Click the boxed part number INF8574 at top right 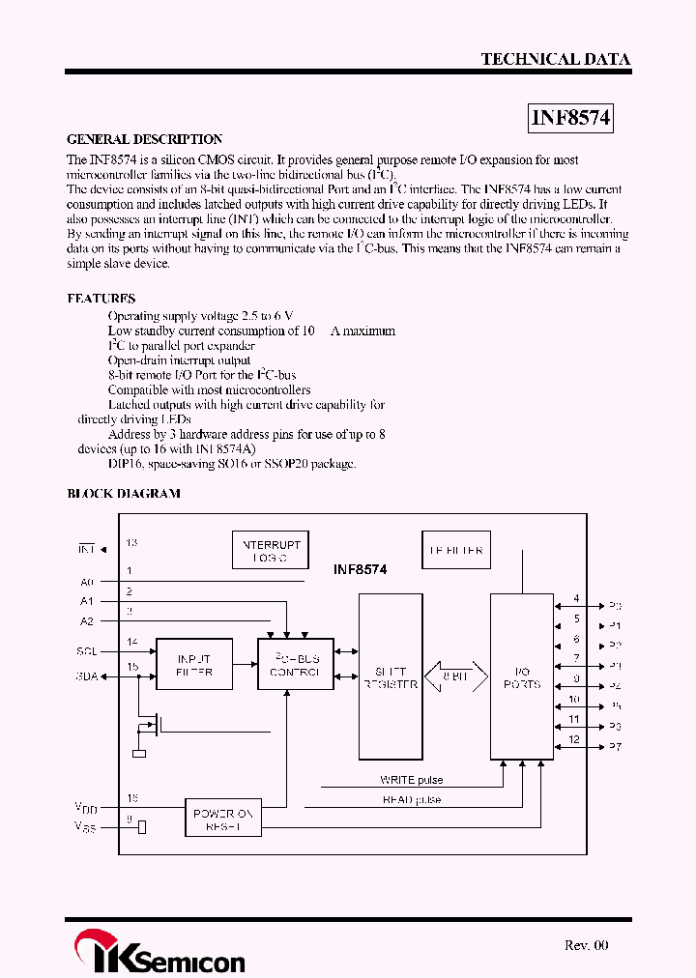[571, 119]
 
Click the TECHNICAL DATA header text [555, 59]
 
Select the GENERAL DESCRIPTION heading [144, 139]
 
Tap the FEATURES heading [101, 299]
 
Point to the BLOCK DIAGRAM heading [123, 493]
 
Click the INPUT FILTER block [194, 664]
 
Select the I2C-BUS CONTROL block [295, 664]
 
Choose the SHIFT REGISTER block [390, 677]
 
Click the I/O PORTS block [521, 677]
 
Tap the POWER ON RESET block [223, 820]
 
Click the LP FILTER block [455, 551]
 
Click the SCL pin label [87, 650]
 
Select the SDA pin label [87, 676]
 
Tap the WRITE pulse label [412, 779]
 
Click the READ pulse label [412, 799]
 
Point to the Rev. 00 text [587, 945]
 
